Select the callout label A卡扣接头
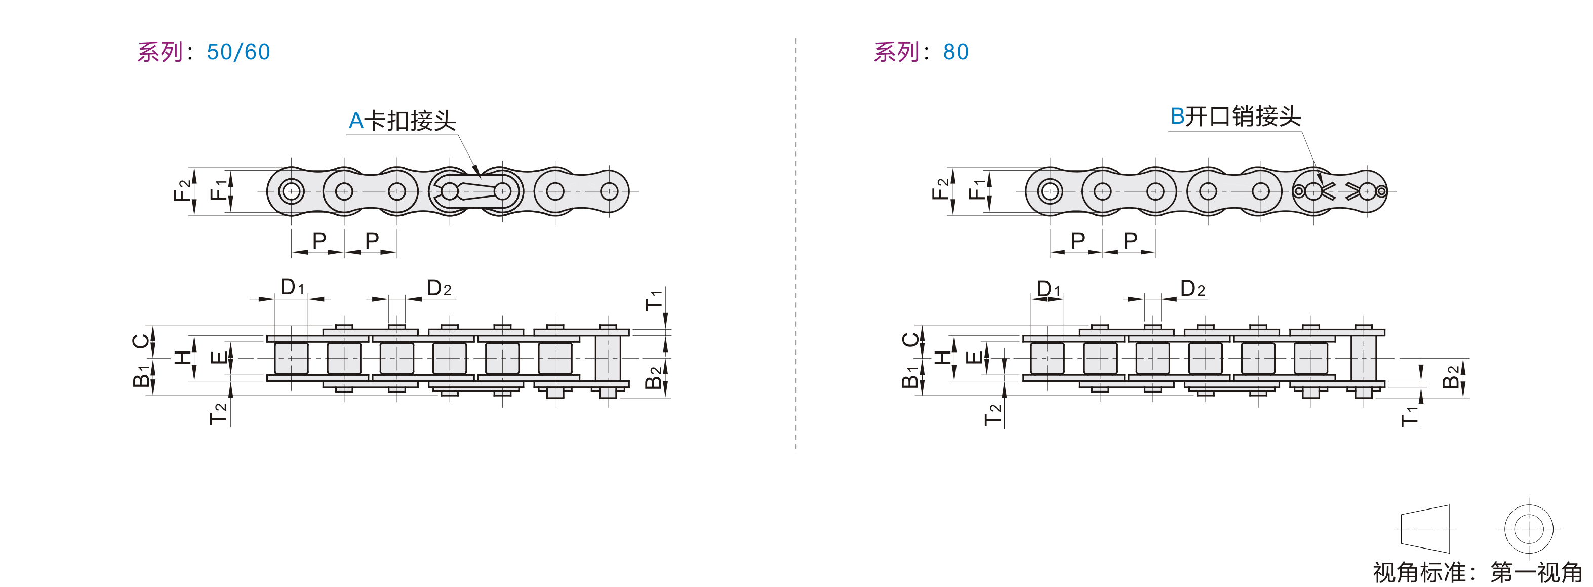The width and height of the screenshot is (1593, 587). tap(402, 121)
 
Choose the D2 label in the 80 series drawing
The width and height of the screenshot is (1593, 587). tap(1192, 289)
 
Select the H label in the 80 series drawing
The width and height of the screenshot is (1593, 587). tap(942, 357)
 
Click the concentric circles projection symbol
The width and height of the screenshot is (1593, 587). tap(1528, 529)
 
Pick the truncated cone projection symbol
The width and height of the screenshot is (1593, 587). tap(1425, 529)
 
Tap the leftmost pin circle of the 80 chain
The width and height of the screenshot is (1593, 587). tap(1050, 191)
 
